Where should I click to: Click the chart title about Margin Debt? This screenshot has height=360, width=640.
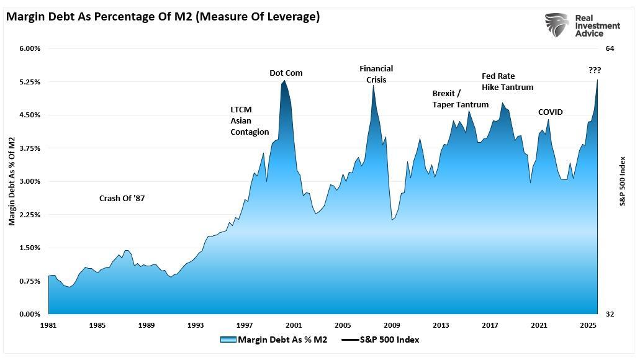[163, 17]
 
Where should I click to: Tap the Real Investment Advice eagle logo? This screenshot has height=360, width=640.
[557, 25]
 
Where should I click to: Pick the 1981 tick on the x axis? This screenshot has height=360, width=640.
[48, 325]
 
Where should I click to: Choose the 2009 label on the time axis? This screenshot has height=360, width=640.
[392, 325]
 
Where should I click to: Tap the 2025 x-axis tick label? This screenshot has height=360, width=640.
[588, 325]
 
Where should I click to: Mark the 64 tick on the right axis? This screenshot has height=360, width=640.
[610, 48]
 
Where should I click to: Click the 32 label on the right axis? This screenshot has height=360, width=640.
[610, 314]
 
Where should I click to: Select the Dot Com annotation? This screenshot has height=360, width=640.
[286, 73]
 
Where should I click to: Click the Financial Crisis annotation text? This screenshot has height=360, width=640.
[376, 74]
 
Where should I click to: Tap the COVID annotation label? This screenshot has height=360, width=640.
[550, 112]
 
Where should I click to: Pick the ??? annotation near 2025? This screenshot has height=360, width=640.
[595, 71]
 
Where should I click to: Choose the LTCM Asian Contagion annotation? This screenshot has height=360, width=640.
[250, 120]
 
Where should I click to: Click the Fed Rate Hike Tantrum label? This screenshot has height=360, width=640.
[507, 82]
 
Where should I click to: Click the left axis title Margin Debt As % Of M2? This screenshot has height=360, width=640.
[12, 181]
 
